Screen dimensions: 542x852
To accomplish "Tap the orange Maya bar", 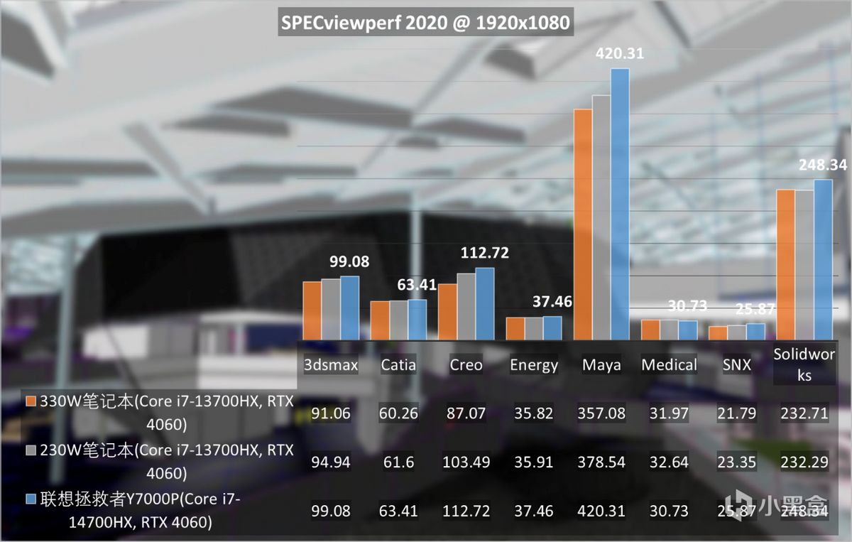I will coord(583,224).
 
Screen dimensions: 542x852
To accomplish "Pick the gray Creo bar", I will coord(466,306).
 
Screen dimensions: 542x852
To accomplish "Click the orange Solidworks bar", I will coord(785,265).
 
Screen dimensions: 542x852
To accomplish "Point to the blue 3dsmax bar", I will coord(349,308).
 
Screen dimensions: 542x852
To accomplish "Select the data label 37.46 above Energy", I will coord(552,302).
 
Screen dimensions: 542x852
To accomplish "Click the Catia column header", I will coord(398,365).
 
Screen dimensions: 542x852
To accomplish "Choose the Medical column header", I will coord(669,365).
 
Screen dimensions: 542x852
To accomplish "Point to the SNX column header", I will coord(737,365).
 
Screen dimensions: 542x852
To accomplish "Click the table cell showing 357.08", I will coord(601,413).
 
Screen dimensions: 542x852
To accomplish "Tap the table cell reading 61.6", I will coord(398,462).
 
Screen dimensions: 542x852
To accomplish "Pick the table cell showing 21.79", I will coord(737,413).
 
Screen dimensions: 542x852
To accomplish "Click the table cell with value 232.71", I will coord(803,413).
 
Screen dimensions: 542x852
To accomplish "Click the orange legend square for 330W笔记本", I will coord(31,402).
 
